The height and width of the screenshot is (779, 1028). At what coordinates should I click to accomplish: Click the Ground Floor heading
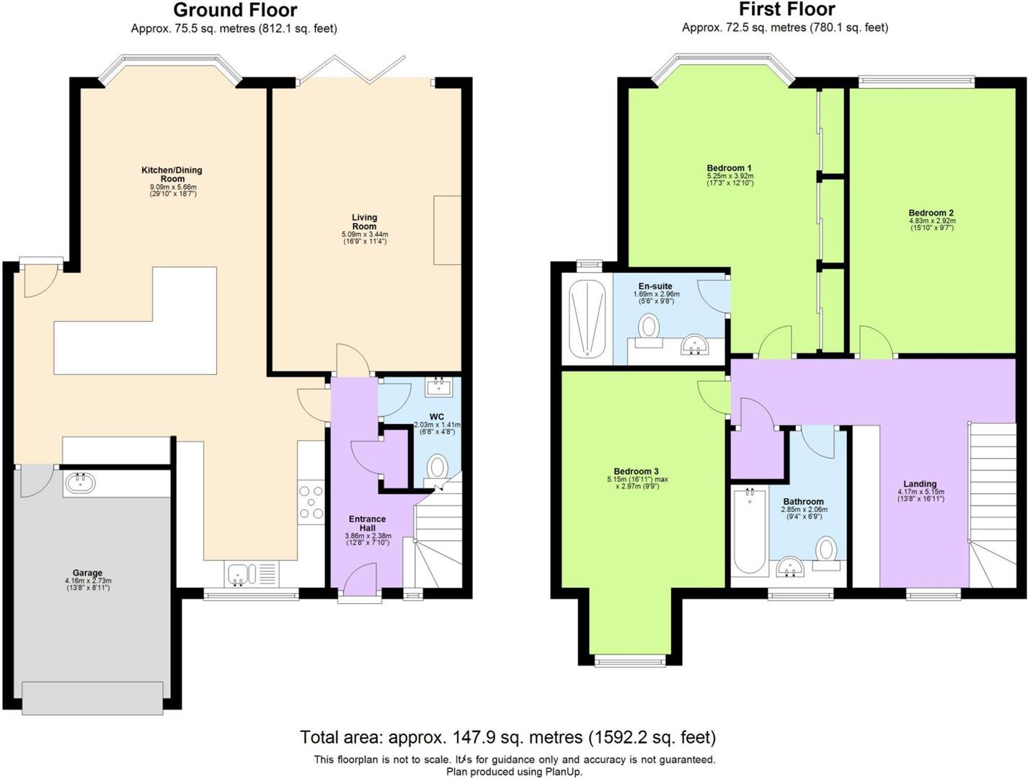click(235, 10)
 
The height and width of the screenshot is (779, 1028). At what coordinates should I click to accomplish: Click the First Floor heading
click(786, 9)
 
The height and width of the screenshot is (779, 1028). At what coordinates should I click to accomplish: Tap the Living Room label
click(364, 221)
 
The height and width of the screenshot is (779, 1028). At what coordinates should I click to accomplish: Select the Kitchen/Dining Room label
click(172, 175)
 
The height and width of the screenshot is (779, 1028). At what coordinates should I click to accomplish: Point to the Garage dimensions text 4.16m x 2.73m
click(88, 581)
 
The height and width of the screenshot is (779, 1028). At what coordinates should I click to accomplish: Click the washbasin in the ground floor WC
click(439, 387)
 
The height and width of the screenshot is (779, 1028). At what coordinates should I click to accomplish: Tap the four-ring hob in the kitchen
click(311, 503)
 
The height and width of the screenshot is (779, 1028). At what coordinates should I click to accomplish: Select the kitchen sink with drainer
click(252, 574)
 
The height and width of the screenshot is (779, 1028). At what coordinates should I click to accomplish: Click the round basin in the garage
click(80, 483)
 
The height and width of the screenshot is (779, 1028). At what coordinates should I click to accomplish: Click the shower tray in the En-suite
click(588, 319)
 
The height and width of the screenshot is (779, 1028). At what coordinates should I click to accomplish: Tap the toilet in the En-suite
click(649, 330)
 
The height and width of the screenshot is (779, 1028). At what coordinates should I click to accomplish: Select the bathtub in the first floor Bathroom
click(749, 532)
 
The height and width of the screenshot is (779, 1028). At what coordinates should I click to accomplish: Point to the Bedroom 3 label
click(636, 471)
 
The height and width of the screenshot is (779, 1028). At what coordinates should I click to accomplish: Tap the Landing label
click(921, 484)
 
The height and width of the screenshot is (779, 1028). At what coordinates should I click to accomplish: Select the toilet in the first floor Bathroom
click(826, 554)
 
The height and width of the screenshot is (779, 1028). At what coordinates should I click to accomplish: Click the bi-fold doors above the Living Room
click(351, 70)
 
